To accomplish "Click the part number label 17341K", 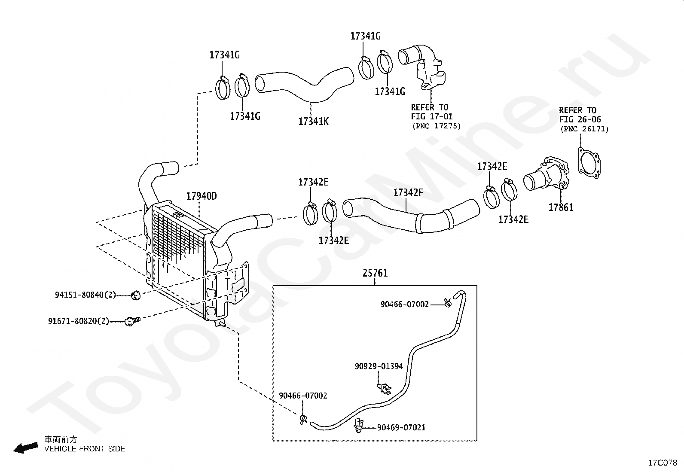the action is tap(313, 122).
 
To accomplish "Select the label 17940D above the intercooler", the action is tap(202, 196).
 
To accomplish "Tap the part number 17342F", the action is tap(408, 193).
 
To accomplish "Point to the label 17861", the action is tap(561, 207).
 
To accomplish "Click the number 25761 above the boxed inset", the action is tap(375, 273).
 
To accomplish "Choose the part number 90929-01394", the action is tap(379, 366).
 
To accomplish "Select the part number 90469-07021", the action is tap(401, 427).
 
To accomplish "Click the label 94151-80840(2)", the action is tap(85, 295).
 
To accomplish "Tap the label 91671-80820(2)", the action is tap(79, 321).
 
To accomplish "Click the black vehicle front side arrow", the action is tap(26, 448).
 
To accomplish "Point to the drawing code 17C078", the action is tap(663, 463).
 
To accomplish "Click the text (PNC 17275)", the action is tap(437, 126).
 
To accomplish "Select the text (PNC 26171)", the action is tap(584, 129).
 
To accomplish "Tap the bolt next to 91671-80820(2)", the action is tap(132, 321).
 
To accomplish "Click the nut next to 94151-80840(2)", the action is tap(136, 295).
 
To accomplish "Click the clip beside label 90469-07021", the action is tap(359, 426).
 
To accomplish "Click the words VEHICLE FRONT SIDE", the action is tap(85, 449).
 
